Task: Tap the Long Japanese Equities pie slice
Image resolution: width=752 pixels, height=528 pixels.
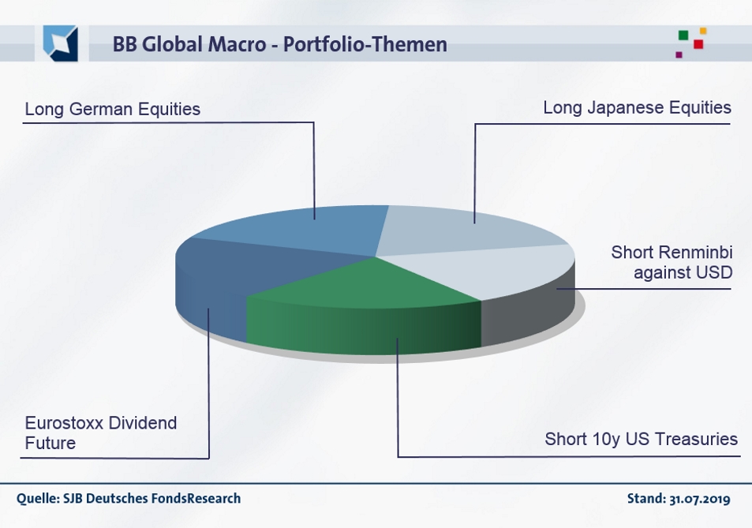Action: tap(466, 230)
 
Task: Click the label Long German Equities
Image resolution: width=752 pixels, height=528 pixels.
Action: tap(113, 109)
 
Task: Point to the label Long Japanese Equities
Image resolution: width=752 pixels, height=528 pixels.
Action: tap(638, 107)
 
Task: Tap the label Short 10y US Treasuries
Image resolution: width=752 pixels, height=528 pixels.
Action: tap(642, 439)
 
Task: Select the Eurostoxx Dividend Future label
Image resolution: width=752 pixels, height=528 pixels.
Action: tap(101, 433)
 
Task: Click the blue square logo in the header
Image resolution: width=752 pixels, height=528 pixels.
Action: tap(61, 43)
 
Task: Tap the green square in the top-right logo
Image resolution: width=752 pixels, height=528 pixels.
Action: tap(683, 35)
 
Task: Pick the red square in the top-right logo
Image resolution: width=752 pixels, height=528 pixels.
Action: tap(698, 44)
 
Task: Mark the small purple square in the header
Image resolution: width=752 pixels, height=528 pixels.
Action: tap(679, 54)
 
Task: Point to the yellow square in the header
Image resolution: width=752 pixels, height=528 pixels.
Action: tap(703, 31)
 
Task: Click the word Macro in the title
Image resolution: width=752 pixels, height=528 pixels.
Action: tap(237, 44)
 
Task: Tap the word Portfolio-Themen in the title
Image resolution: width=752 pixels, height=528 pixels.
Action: tap(365, 44)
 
